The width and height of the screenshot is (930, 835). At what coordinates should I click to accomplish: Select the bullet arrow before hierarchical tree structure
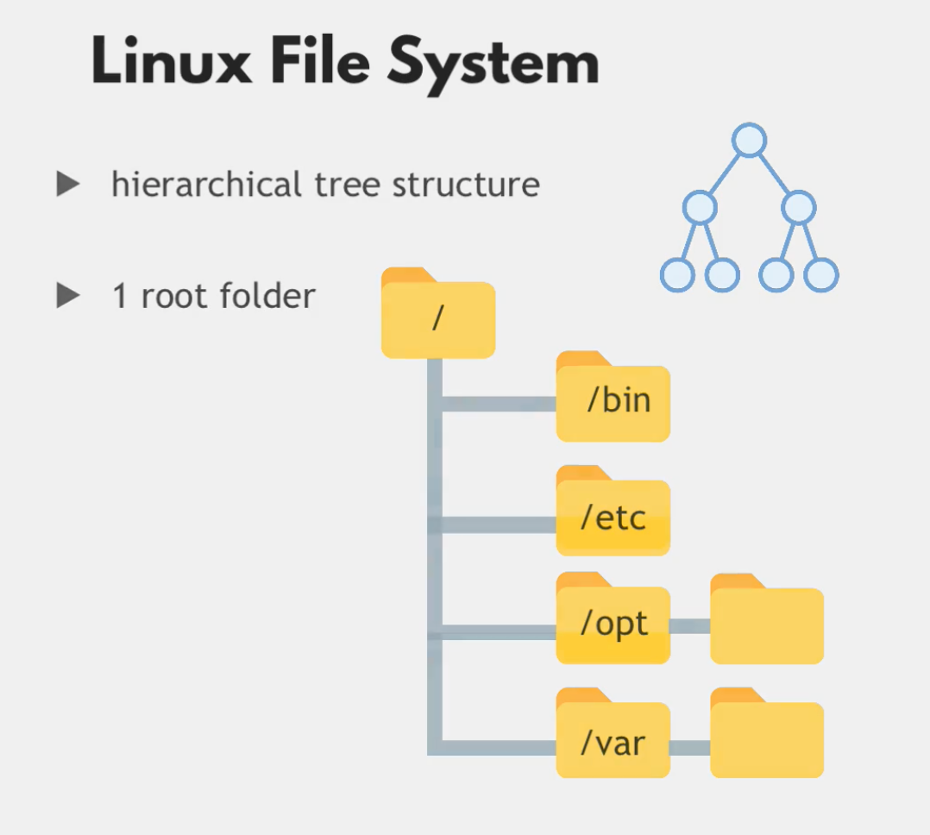(x=68, y=184)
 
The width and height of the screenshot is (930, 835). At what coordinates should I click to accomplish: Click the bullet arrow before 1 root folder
(x=68, y=296)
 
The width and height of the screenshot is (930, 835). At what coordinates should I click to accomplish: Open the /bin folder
(x=613, y=401)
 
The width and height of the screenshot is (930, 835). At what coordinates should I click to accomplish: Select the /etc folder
(x=613, y=516)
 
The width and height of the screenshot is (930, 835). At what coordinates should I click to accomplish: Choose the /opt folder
(x=613, y=623)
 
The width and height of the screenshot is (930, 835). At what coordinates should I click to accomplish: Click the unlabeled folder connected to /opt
(x=767, y=623)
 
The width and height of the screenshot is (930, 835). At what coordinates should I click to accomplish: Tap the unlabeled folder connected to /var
(x=767, y=738)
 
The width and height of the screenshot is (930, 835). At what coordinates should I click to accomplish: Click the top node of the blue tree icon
(x=749, y=140)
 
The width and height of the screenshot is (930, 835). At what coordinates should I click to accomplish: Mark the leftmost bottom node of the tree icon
(x=677, y=274)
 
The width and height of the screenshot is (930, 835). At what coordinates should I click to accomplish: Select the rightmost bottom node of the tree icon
(x=820, y=274)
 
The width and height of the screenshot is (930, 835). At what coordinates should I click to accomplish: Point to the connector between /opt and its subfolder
(x=690, y=626)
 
